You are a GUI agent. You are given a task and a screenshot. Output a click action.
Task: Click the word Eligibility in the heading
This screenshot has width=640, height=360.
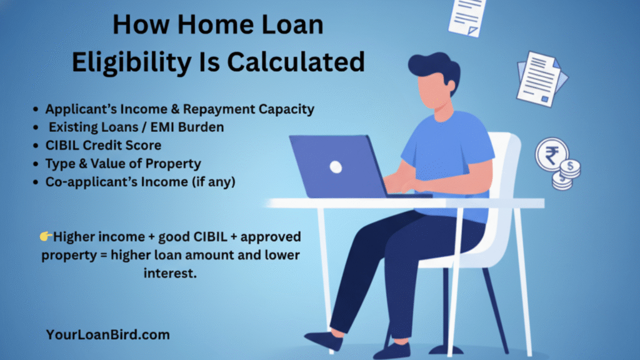tap(132, 63)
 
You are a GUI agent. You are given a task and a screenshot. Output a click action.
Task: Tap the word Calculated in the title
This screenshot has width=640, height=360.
tap(296, 62)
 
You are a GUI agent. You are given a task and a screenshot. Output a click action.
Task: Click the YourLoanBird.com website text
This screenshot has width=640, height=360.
tap(107, 335)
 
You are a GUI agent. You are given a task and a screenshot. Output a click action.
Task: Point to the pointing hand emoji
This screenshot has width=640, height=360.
tap(46, 236)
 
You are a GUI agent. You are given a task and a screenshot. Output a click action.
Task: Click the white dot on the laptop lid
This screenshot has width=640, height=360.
tap(336, 167)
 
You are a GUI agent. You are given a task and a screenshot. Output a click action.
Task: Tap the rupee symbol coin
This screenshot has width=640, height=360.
tap(552, 155)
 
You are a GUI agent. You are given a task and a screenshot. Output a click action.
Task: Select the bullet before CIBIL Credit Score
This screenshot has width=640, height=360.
tap(36, 146)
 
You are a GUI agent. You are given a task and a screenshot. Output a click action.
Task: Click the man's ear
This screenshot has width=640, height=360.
tap(451, 85)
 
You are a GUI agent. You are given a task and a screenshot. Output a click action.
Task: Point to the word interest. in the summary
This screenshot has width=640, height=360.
tap(170, 273)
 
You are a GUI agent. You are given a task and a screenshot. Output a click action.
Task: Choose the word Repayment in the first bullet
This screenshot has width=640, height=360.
tap(219, 109)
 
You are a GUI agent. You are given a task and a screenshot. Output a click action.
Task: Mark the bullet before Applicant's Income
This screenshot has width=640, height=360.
tap(36, 109)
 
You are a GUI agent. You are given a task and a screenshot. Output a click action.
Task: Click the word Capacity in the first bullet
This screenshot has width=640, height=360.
tap(286, 109)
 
